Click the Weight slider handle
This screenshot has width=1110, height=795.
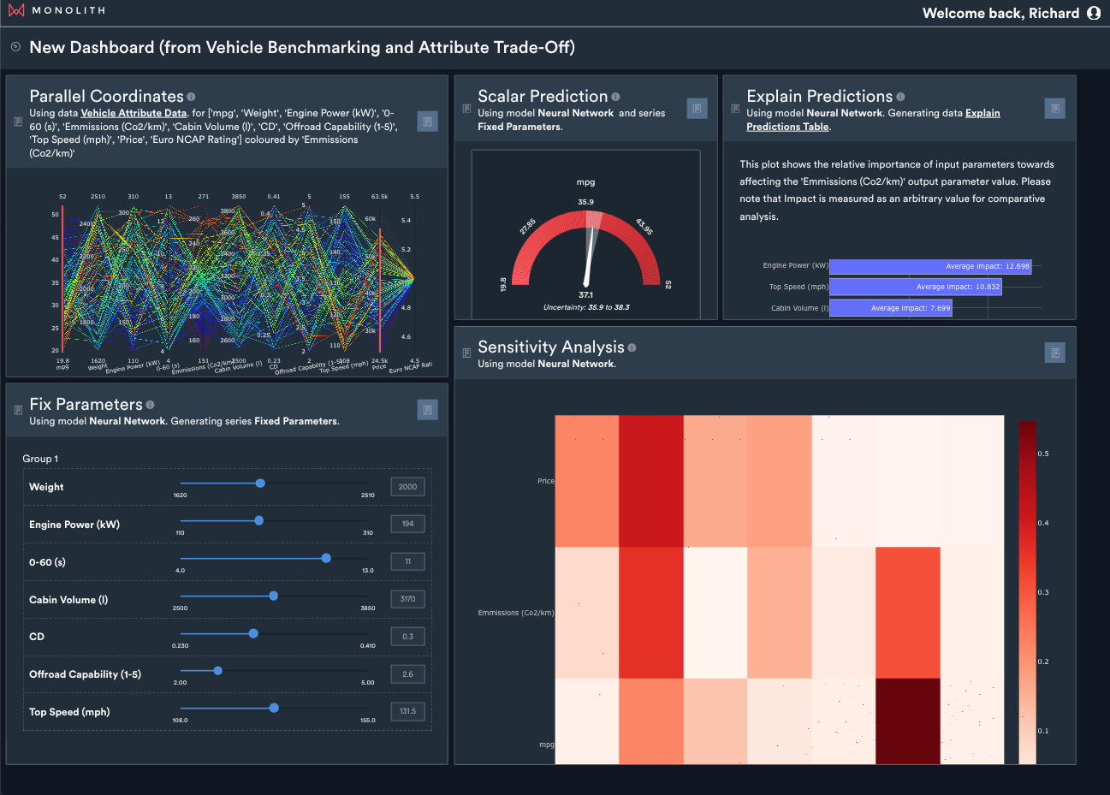[x=260, y=484]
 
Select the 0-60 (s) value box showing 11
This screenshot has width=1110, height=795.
[x=407, y=561]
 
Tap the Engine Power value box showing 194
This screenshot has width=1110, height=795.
[x=407, y=524]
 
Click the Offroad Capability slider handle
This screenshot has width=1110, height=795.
[x=217, y=671]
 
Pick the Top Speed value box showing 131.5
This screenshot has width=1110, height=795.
[x=407, y=711]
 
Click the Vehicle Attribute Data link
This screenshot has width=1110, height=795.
[x=134, y=113]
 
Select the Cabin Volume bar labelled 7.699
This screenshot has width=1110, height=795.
[x=890, y=308]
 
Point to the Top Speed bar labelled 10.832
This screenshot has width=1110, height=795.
[x=915, y=287]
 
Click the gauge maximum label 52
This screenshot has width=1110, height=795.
[x=668, y=285]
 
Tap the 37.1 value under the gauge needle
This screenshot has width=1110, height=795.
[x=585, y=295]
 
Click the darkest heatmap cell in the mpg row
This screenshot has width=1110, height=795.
[x=907, y=721]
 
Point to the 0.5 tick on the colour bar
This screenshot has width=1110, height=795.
[x=1043, y=454]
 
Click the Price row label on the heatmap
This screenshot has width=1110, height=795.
[x=545, y=481]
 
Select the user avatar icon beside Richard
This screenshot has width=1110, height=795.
[x=1093, y=13]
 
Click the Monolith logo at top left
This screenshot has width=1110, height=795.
[x=16, y=10]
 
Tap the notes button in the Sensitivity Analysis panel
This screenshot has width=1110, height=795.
[x=1054, y=353]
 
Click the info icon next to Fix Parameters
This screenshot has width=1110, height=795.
[x=150, y=405]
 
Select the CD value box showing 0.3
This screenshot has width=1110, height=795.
[x=407, y=637]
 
